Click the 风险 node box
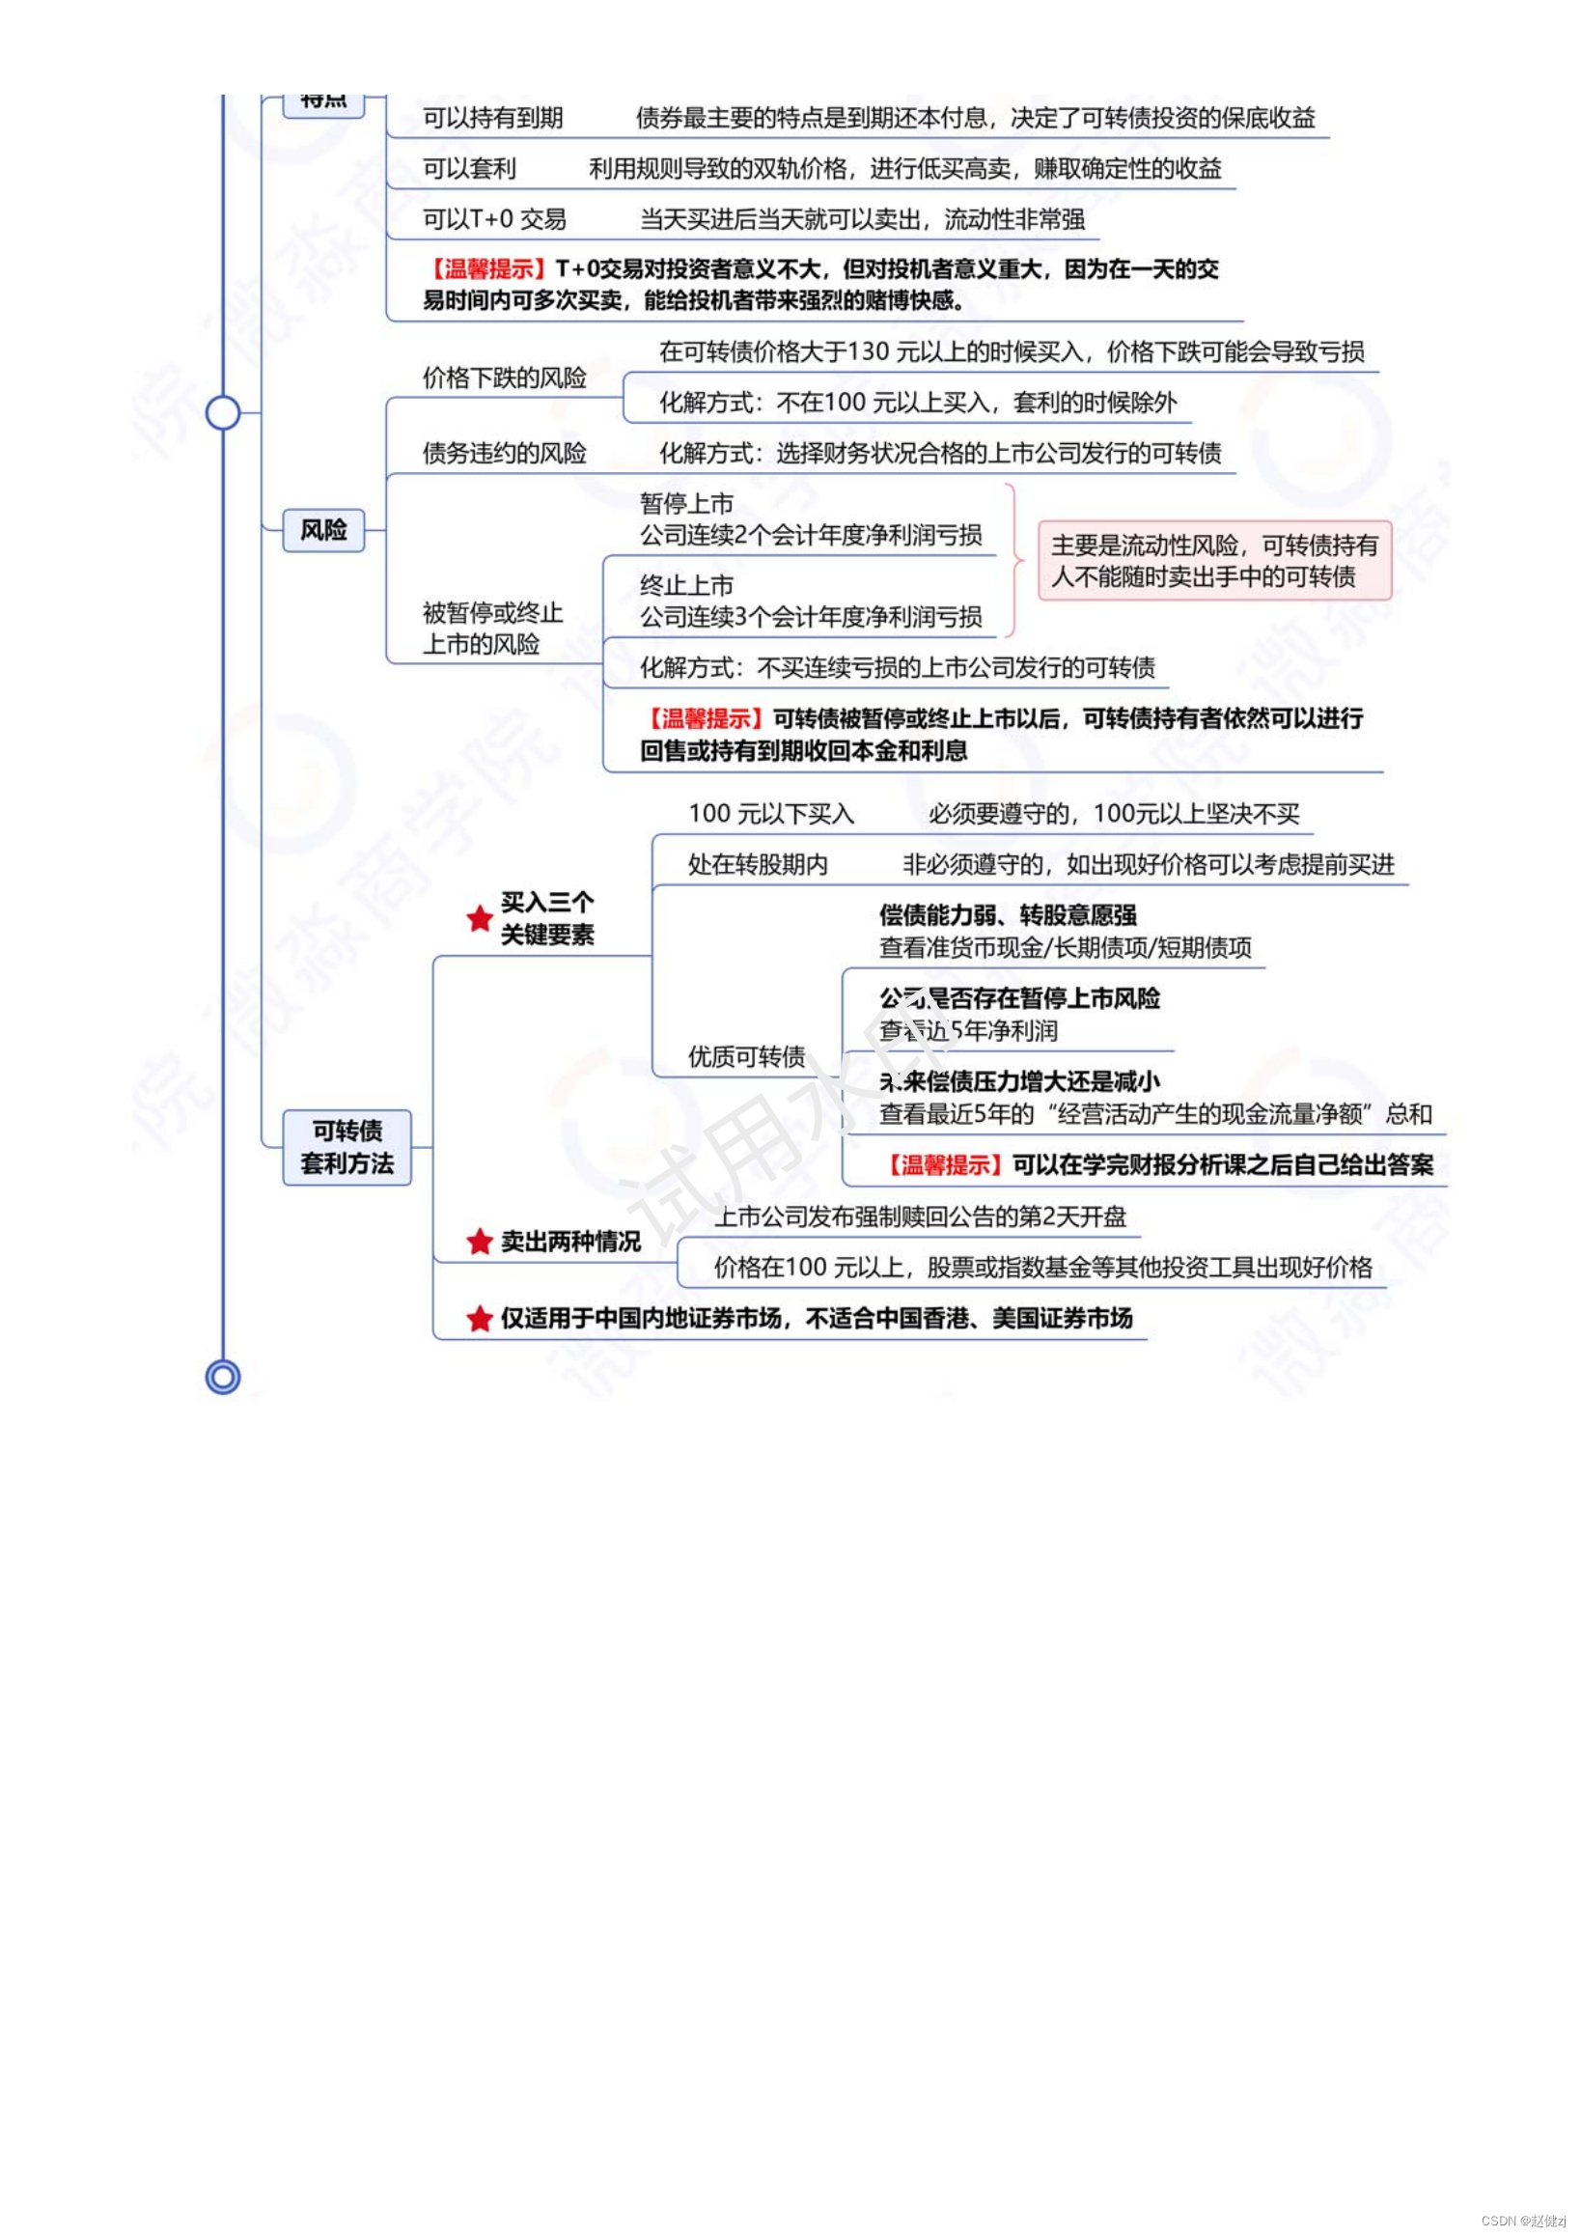323,530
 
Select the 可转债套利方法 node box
347,1147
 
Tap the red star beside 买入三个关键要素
480,918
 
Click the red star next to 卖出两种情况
480,1242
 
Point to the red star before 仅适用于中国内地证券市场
480,1318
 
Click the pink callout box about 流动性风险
1214,560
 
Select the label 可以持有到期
493,118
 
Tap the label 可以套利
469,169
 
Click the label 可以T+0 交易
495,219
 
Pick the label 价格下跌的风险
505,378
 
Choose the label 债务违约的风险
505,453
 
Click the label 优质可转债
746,1057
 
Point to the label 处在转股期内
758,864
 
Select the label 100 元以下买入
771,814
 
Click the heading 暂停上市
687,504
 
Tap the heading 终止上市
687,585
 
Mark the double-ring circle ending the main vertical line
223,1377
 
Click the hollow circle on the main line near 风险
223,412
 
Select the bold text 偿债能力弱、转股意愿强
1008,915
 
